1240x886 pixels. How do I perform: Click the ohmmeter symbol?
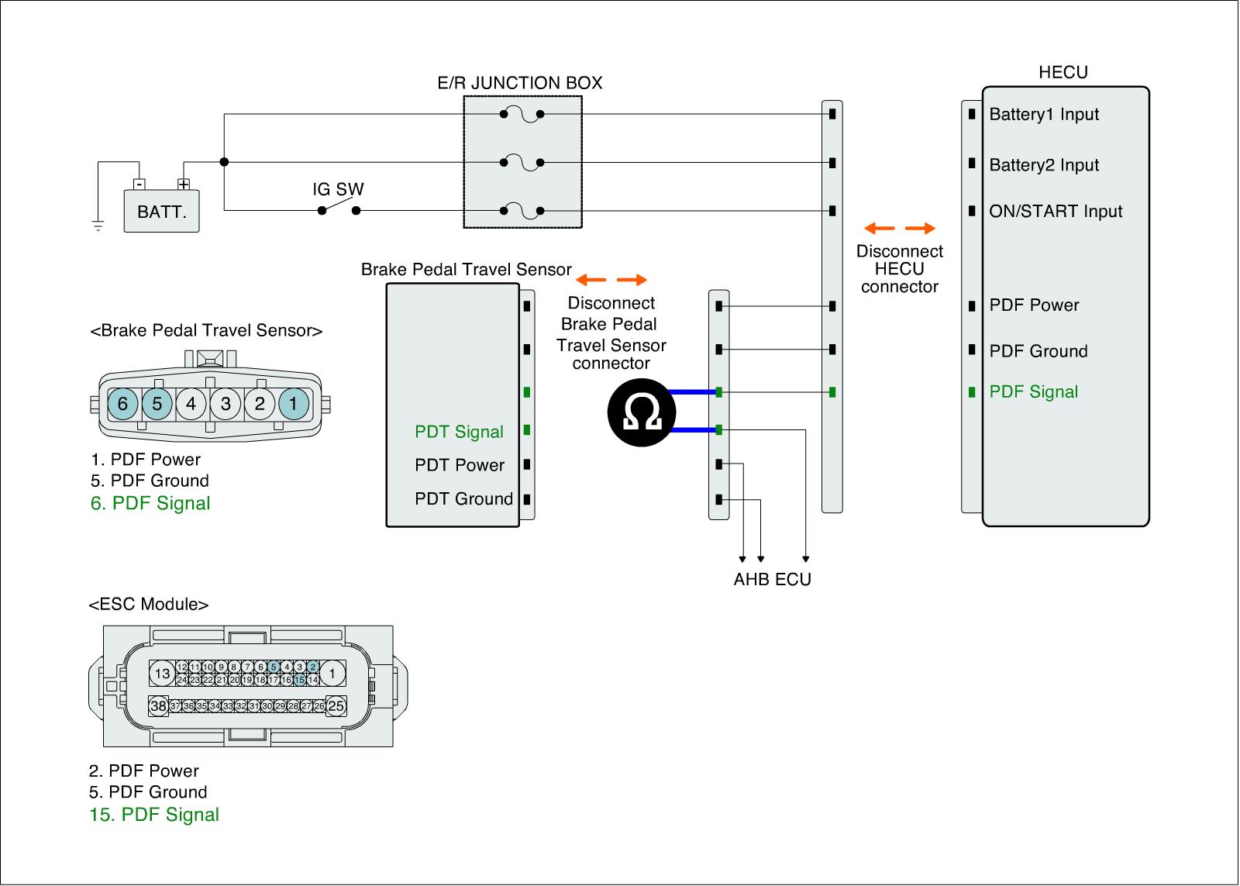(641, 411)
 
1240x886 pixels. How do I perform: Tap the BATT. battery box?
(161, 211)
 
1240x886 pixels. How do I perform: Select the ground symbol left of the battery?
(98, 226)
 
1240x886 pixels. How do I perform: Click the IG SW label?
(338, 189)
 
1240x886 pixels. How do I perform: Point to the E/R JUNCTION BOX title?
(520, 83)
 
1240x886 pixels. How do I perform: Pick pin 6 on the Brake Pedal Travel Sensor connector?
(122, 404)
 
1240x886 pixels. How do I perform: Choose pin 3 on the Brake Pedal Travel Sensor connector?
(226, 404)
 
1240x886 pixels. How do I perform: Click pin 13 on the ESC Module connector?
(162, 674)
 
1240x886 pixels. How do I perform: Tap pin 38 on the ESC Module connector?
(159, 706)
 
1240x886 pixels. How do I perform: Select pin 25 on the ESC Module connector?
(336, 706)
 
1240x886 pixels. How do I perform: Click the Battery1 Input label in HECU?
(1044, 115)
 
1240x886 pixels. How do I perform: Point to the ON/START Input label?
(1056, 212)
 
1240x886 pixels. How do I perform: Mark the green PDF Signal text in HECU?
(1034, 392)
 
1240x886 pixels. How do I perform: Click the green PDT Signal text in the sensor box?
(459, 432)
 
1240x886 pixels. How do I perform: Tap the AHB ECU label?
(772, 580)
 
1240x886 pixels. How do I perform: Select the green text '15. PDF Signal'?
(154, 815)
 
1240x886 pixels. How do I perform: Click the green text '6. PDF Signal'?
(150, 504)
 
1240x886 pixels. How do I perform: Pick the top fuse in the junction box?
(522, 115)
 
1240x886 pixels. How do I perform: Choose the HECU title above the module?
(1063, 72)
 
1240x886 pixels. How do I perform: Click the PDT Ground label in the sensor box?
(463, 499)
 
